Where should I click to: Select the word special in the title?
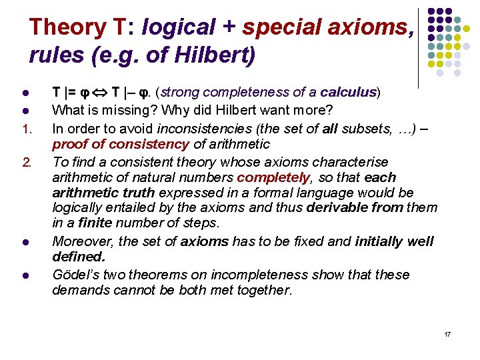279,27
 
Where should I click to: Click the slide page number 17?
447,333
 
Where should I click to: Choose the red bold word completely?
273,178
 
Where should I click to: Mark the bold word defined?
77,257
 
